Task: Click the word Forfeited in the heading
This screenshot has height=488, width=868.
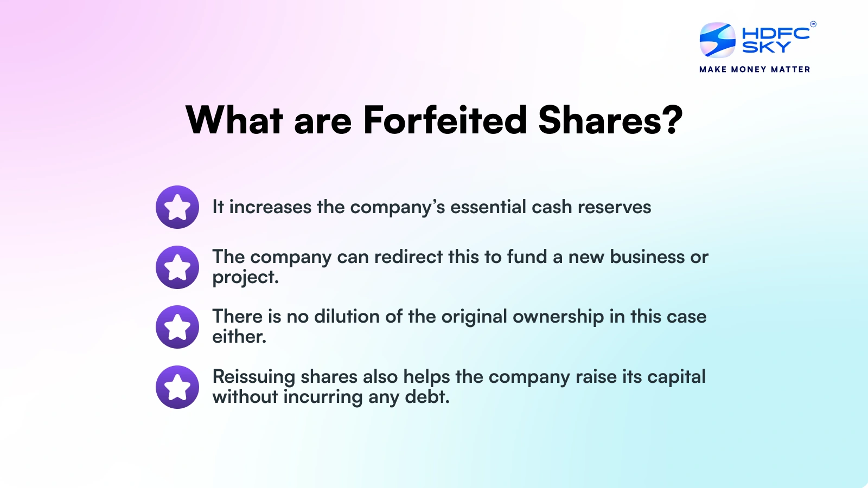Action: pos(445,120)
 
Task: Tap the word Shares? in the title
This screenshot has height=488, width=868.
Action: pos(610,120)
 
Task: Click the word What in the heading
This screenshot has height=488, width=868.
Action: pos(234,120)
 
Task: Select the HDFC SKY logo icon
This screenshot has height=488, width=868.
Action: pos(717,40)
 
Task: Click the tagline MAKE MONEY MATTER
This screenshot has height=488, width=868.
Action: pos(755,69)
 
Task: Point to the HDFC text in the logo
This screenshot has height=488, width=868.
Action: pos(776,34)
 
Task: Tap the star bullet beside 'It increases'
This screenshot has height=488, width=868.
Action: pos(177,207)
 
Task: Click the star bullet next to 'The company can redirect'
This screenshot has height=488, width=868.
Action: pos(177,267)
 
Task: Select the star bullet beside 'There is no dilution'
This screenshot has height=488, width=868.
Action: pos(177,327)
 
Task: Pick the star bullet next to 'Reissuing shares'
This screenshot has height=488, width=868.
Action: pos(177,387)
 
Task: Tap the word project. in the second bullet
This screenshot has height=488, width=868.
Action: pos(245,278)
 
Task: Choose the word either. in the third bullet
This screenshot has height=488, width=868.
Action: pos(239,337)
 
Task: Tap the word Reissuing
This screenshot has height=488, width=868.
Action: pos(254,377)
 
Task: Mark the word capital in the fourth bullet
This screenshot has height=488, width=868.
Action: pos(677,377)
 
